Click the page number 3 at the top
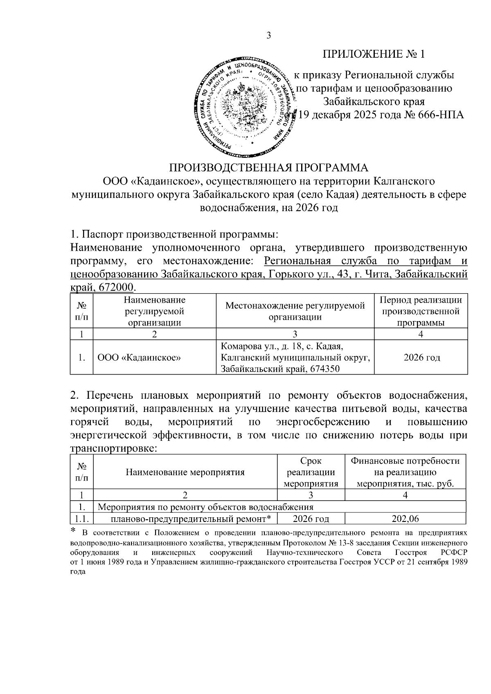click(x=269, y=36)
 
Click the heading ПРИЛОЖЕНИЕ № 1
click(x=374, y=54)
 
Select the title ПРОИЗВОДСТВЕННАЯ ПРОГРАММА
click(x=269, y=168)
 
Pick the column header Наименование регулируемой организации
click(x=154, y=311)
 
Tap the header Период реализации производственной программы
click(x=421, y=311)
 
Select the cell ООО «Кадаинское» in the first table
click(x=140, y=358)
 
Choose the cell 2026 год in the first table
click(x=421, y=358)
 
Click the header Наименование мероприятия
click(x=185, y=472)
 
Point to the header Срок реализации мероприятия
click(x=311, y=472)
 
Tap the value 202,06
click(x=405, y=519)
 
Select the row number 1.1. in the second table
click(x=82, y=519)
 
